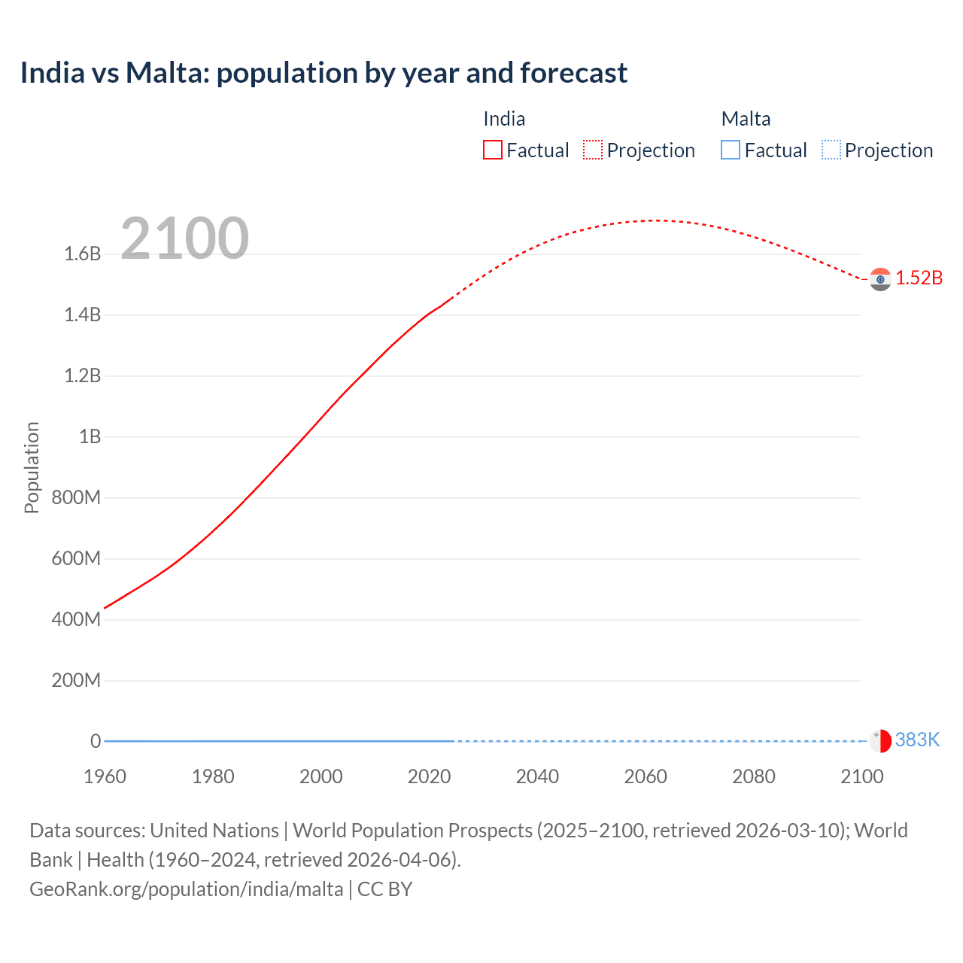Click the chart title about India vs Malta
point(324,73)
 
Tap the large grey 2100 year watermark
point(184,238)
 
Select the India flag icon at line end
point(879,279)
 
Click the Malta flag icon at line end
point(879,740)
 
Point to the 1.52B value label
point(919,278)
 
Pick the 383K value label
point(917,740)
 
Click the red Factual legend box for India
point(492,150)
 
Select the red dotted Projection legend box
point(593,150)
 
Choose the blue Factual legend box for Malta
point(730,150)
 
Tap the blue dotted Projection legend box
point(831,150)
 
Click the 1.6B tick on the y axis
point(82,254)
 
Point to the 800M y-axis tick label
point(76,497)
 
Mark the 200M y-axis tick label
point(76,680)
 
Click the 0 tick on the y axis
point(96,741)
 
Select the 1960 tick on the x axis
point(105,776)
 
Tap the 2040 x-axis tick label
point(537,776)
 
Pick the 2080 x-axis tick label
point(753,776)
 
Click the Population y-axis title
point(32,467)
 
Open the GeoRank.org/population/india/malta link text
point(186,889)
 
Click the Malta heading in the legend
point(746,119)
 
